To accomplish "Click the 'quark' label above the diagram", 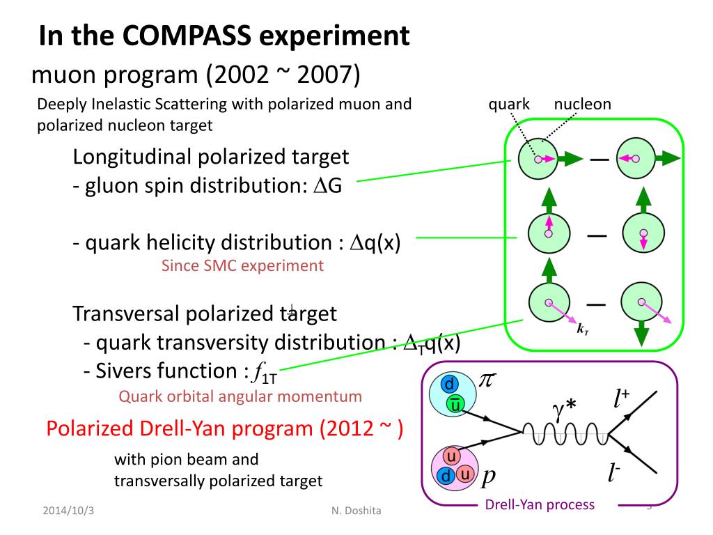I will coord(509,104).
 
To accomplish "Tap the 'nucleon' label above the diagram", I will coord(583,104).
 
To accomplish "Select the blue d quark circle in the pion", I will coord(450,385).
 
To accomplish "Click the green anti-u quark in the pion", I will coord(454,404).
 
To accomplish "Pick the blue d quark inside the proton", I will coord(446,476).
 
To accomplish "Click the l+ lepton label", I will coord(622,398).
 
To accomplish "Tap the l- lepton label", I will coord(614,475).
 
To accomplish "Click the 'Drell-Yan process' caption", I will coord(540,504).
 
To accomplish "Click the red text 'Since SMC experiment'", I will coord(242,265).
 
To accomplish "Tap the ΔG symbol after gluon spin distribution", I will coord(331,187).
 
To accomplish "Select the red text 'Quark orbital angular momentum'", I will coord(240,396).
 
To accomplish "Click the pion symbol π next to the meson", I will coord(488,380).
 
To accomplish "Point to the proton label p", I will coord(489,475).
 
